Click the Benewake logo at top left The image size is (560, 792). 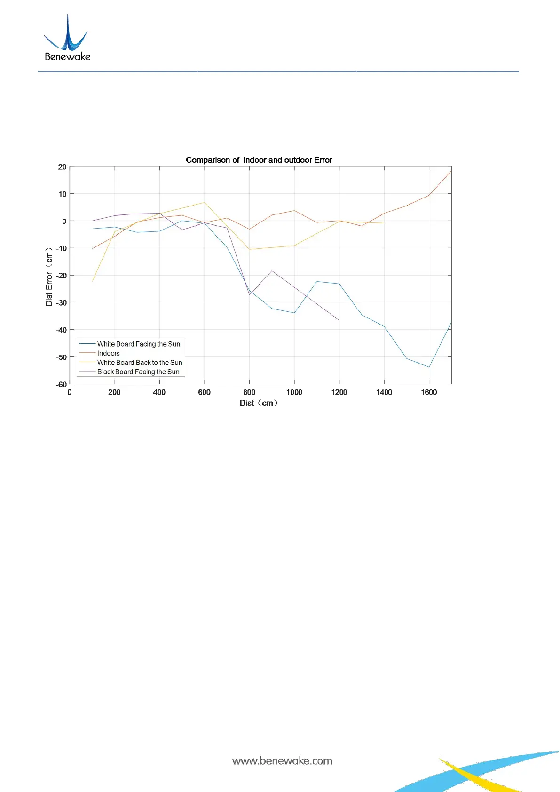coord(67,38)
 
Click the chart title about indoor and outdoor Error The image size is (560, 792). coord(259,160)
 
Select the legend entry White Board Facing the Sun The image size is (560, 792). coord(138,344)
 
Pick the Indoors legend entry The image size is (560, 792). coord(108,353)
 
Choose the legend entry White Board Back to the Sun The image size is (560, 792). coord(140,363)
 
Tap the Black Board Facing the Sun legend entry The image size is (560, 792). coord(138,372)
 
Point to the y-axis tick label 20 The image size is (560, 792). coord(62,167)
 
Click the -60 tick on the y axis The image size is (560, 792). coord(61,384)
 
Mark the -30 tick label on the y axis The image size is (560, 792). coord(61,303)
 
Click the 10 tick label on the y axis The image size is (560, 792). coord(62,194)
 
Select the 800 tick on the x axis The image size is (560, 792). coord(249,392)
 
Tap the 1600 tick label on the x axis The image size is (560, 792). coord(429,392)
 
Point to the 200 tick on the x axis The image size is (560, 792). coord(114,392)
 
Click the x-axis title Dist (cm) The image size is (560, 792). coord(259,403)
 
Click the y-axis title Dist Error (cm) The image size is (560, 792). coord(49,277)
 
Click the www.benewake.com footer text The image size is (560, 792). coord(282,761)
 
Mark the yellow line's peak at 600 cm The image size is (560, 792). coord(204,203)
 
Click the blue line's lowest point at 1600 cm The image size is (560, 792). coord(429,367)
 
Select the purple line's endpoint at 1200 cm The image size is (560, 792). coord(339,320)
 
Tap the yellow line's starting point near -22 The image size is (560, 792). coord(93,281)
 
